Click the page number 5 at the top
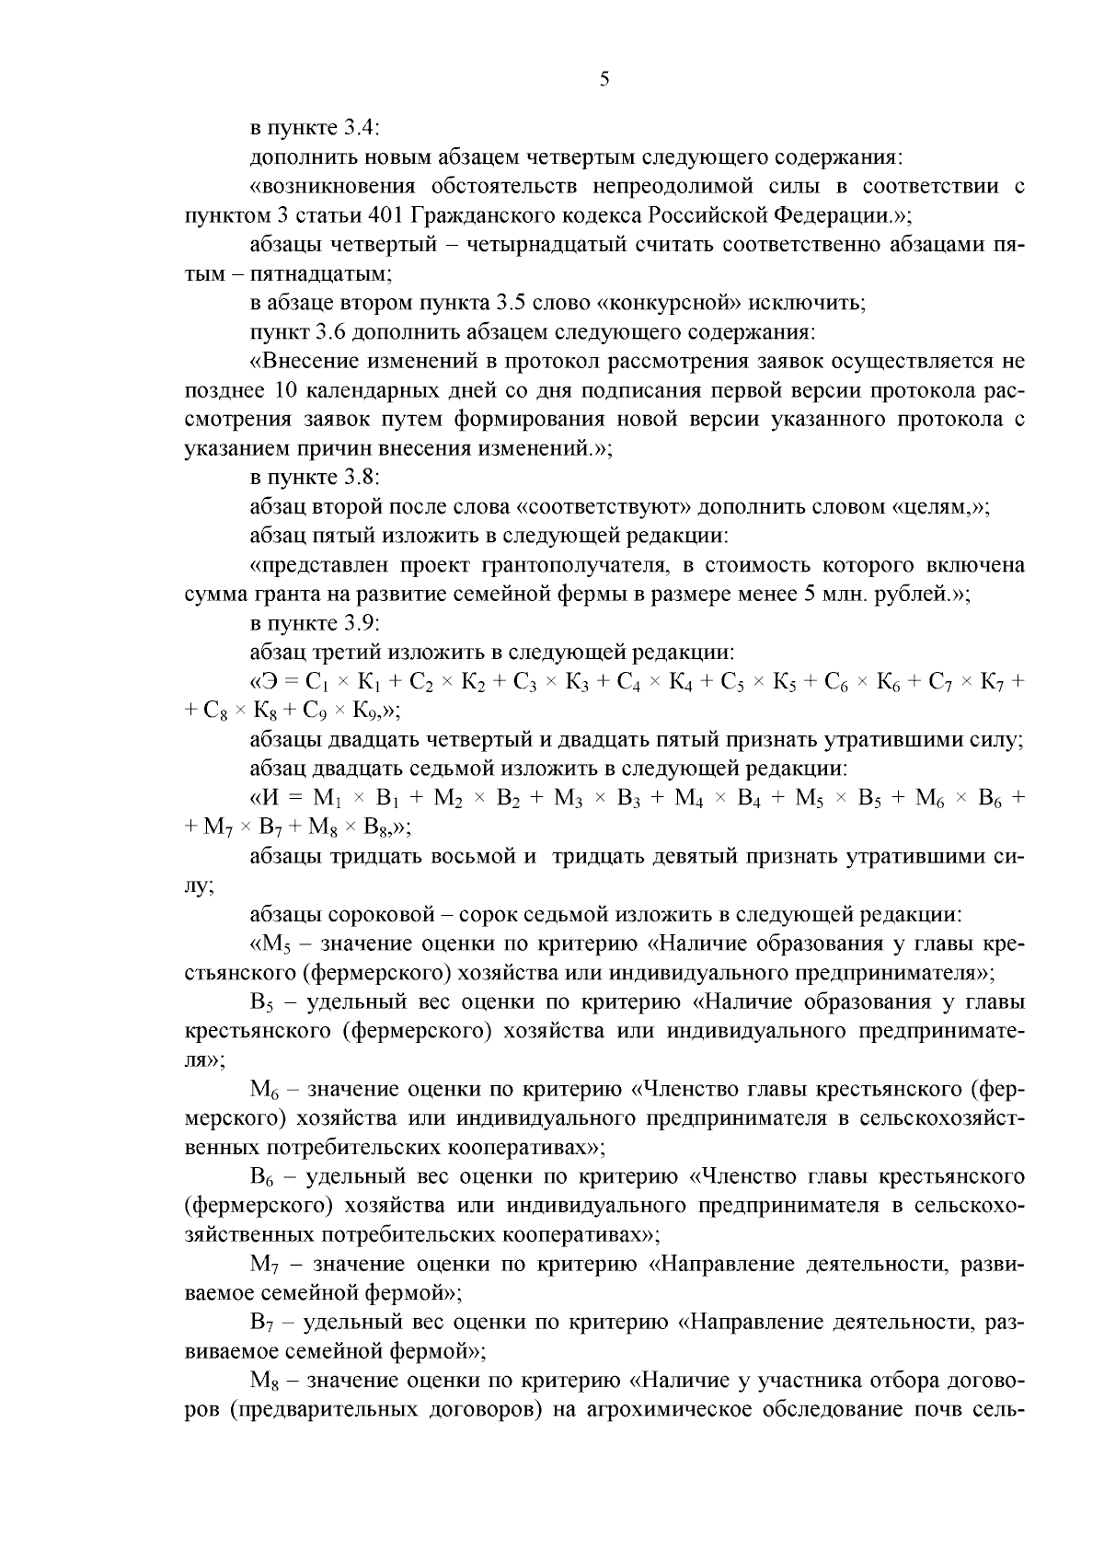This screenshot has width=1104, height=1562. tap(604, 79)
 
